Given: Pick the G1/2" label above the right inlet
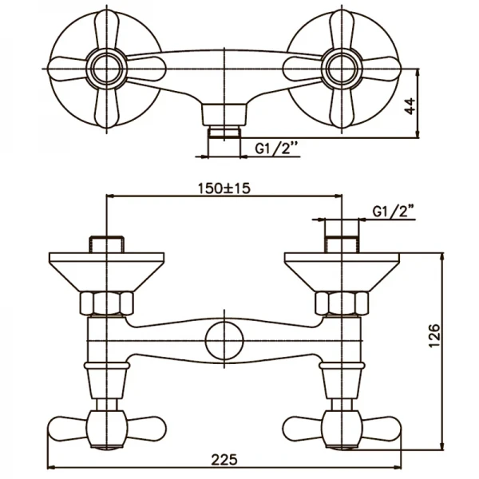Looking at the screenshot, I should tap(394, 212).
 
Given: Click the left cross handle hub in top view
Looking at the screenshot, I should tap(105, 64).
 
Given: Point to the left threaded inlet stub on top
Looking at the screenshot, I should tap(105, 243).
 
